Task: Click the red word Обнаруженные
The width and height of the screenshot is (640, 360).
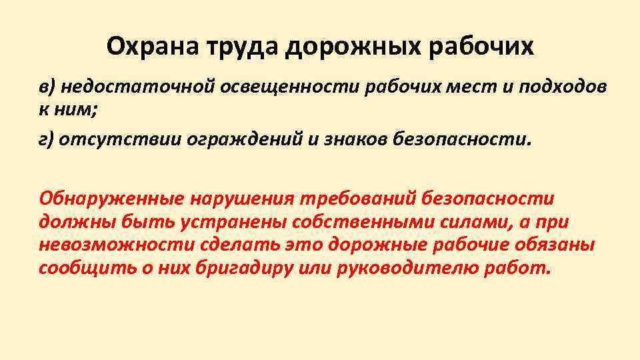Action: coord(111,199)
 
